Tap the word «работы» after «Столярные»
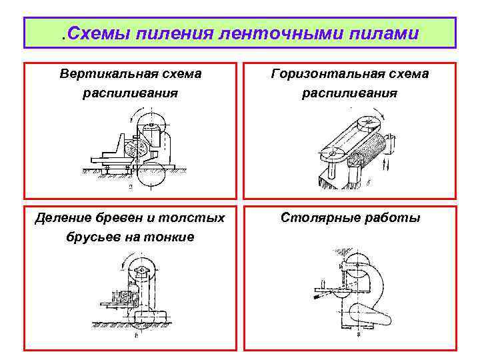click(x=391, y=218)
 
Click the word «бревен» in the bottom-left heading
click(x=114, y=218)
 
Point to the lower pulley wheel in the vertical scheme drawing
click(x=153, y=175)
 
